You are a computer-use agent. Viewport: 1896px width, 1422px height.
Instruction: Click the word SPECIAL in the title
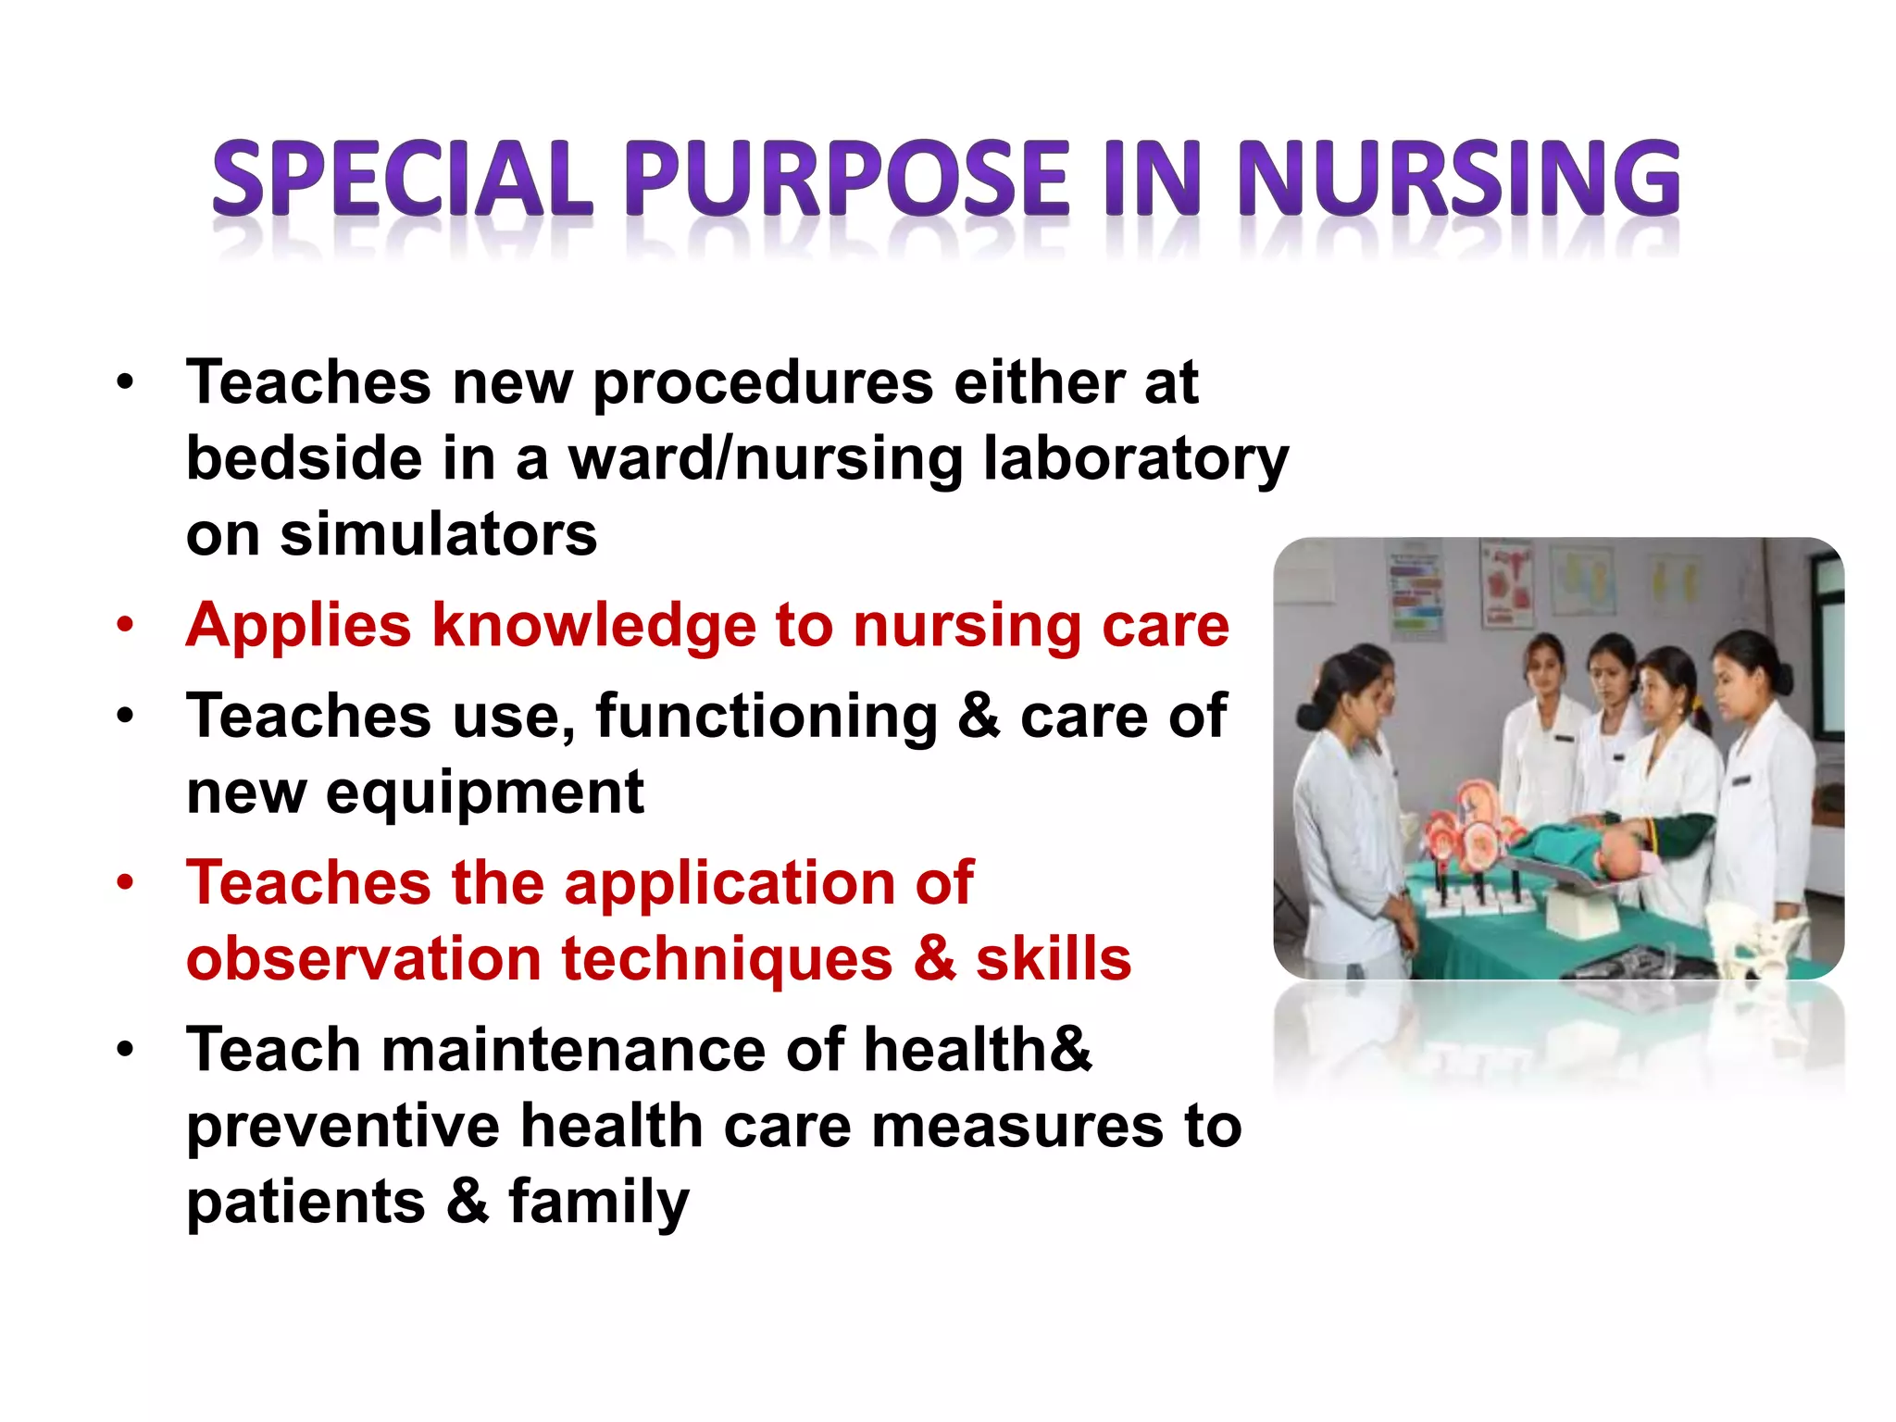click(x=403, y=178)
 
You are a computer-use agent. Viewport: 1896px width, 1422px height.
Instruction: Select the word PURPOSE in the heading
click(x=847, y=178)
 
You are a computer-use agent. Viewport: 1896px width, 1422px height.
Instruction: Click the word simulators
click(x=439, y=535)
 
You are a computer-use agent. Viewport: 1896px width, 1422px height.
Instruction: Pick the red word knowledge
click(x=594, y=626)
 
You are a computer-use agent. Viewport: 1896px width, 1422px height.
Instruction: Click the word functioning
click(x=767, y=717)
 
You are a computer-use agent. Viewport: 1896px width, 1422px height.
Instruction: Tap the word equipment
click(x=484, y=793)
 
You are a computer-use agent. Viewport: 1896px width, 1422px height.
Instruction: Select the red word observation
click(x=364, y=959)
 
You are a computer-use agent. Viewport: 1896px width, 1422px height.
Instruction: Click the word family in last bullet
click(x=598, y=1203)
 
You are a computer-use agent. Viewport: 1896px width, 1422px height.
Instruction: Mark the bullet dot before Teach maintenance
click(x=125, y=1050)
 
